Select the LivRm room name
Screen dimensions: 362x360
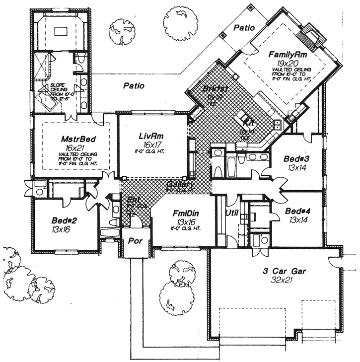pyautogui.click(x=151, y=135)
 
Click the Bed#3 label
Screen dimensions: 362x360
pyautogui.click(x=297, y=158)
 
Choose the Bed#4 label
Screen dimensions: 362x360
pyautogui.click(x=298, y=211)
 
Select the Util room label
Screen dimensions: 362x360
pyautogui.click(x=232, y=213)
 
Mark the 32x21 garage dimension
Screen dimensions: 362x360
pyautogui.click(x=284, y=281)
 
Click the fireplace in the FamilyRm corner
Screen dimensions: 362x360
pyautogui.click(x=312, y=35)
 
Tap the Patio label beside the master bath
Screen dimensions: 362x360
pyautogui.click(x=134, y=86)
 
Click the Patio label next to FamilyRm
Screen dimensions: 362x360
pyautogui.click(x=244, y=28)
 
